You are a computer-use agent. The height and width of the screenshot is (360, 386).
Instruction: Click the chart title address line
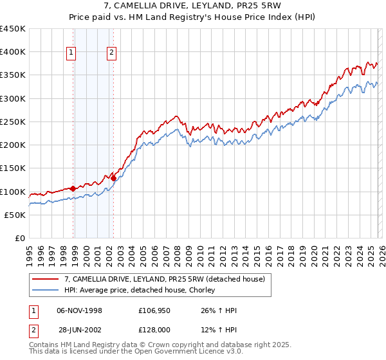point(192,6)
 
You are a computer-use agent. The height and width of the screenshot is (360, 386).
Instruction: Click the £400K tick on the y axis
point(13,52)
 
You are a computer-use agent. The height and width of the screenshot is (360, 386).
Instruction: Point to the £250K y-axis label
point(13,122)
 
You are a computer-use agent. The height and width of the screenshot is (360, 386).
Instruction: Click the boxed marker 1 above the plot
point(71,53)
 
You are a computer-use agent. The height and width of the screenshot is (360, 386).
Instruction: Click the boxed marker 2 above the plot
point(112,53)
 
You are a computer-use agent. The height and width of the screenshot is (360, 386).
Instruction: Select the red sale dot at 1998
point(73,188)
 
